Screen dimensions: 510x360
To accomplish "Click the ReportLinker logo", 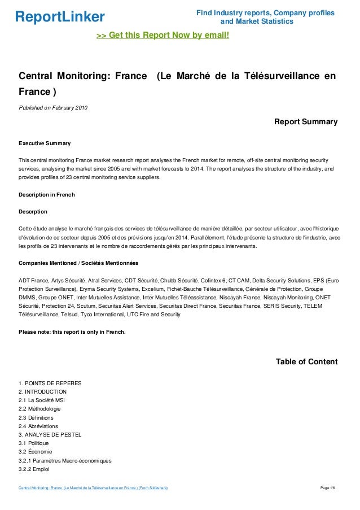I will tap(60, 16).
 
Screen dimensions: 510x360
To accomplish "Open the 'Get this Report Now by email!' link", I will tap(163, 36).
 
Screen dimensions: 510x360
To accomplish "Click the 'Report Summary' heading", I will tap(305, 121).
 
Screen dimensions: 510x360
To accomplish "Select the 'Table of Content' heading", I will tap(306, 361).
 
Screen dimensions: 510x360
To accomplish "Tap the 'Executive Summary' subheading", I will tap(45, 143).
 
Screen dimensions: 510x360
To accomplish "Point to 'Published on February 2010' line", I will tap(53, 107).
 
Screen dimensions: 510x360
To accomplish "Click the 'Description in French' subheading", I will tap(47, 195).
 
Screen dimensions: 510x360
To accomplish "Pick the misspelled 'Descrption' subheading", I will tap(33, 212).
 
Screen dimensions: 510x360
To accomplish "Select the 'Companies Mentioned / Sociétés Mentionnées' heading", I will tap(78, 263).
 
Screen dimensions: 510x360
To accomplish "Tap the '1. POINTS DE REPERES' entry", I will tap(50, 383).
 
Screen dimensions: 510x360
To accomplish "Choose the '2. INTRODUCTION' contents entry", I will tap(43, 391).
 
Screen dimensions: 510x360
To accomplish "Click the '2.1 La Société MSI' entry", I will tap(42, 400).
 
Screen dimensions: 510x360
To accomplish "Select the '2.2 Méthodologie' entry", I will tap(39, 408).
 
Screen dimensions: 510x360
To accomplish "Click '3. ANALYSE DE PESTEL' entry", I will tap(50, 434).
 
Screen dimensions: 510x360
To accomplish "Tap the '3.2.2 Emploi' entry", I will tap(35, 469).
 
